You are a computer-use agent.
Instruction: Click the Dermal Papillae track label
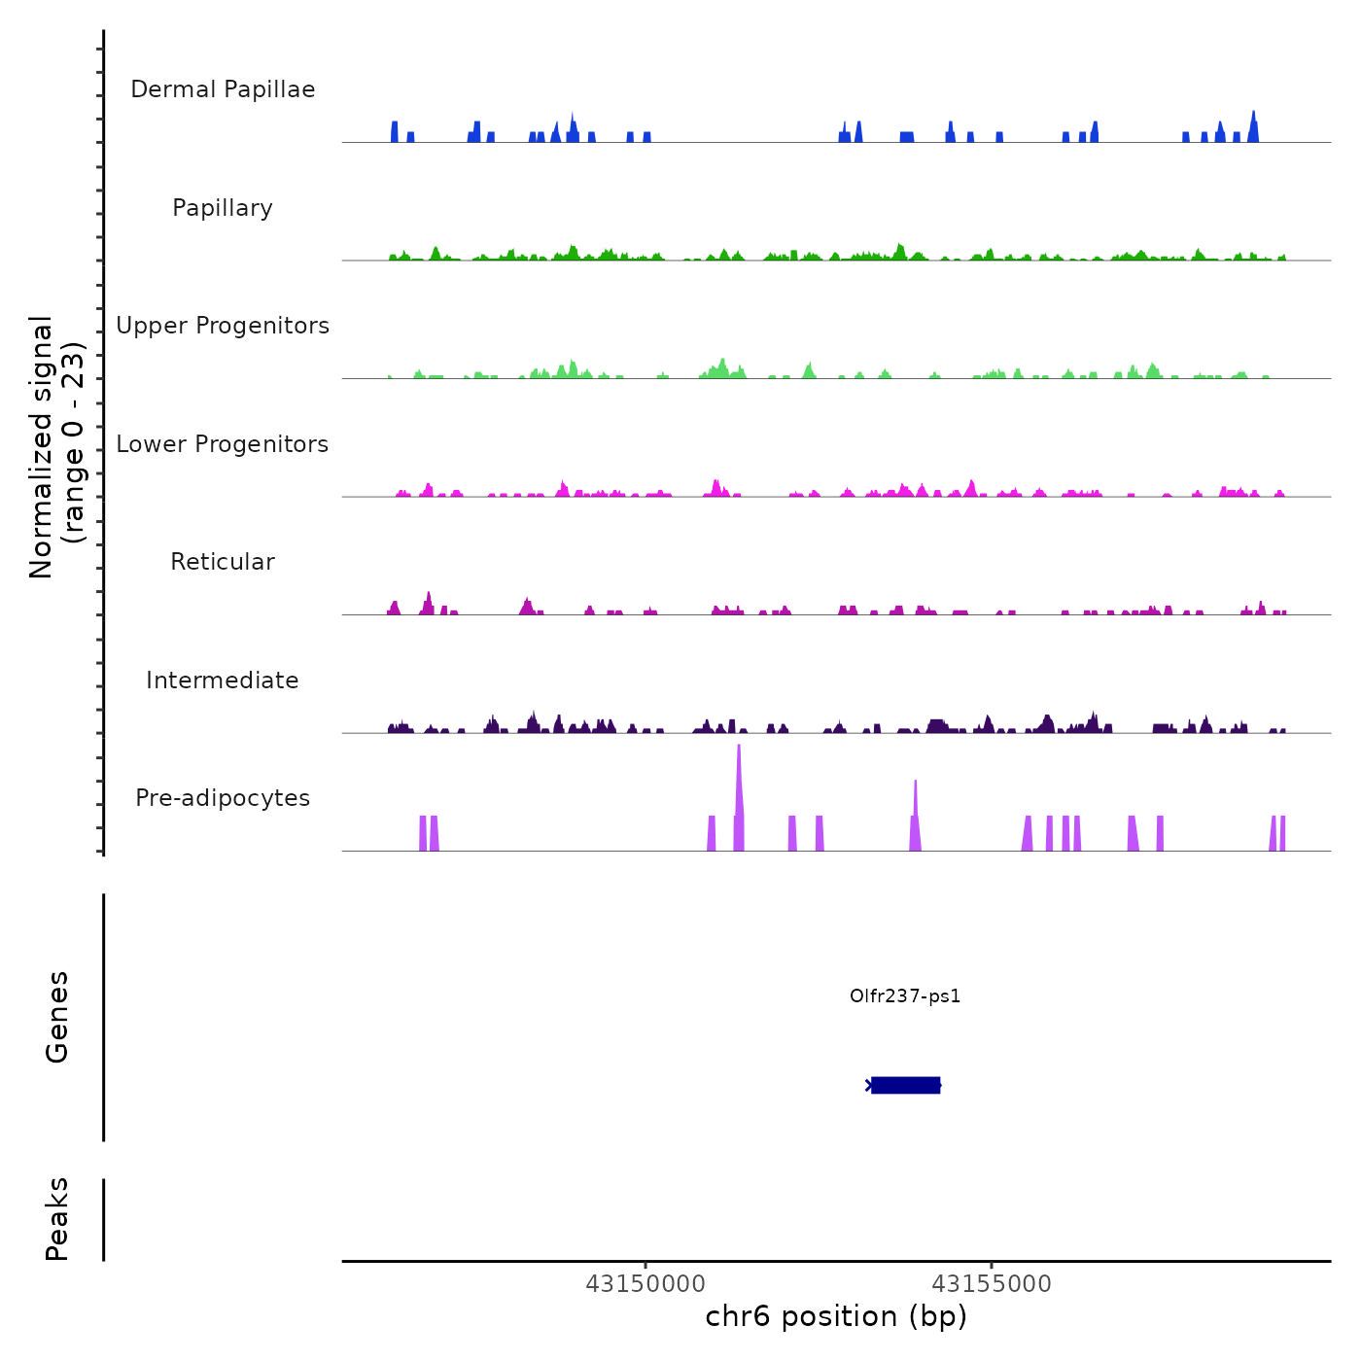click(x=223, y=89)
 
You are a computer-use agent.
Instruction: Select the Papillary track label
click(x=223, y=208)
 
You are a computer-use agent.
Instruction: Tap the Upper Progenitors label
click(x=223, y=326)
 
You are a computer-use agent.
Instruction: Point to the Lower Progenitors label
click(x=223, y=444)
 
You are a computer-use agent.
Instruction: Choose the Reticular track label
click(x=223, y=562)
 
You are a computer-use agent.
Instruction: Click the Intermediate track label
click(x=223, y=680)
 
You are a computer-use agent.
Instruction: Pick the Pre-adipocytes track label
click(x=223, y=798)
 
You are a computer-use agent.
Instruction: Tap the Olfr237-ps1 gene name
click(x=905, y=995)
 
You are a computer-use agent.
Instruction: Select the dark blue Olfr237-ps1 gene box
click(x=905, y=1085)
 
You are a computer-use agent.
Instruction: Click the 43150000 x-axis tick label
click(x=646, y=1284)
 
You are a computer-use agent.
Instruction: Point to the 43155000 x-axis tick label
click(x=992, y=1284)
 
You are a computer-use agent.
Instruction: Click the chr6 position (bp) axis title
click(x=836, y=1316)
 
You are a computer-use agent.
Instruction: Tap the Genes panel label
click(x=57, y=1017)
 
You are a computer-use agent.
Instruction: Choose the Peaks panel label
click(x=57, y=1219)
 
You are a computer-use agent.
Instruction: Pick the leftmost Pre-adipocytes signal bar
click(x=423, y=834)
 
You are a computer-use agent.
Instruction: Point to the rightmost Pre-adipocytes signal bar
click(x=1282, y=834)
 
